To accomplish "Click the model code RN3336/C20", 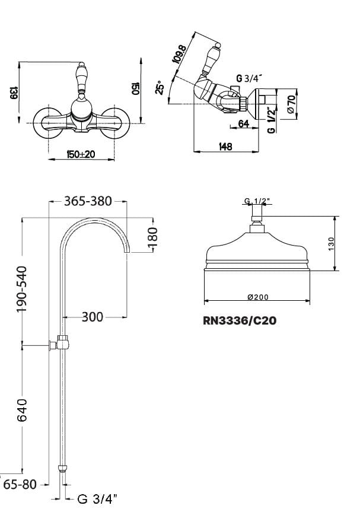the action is click(240, 320).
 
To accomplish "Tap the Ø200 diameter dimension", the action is click(258, 297).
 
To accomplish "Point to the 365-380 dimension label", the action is click(88, 201).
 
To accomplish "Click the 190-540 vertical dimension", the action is click(23, 289).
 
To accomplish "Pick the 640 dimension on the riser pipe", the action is click(22, 410).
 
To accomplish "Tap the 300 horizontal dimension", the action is click(93, 317).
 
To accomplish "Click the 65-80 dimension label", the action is click(20, 485).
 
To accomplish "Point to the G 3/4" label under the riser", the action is click(97, 499).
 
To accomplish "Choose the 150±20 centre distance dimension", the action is click(81, 154).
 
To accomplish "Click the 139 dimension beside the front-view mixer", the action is click(14, 93).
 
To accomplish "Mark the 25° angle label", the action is click(160, 87).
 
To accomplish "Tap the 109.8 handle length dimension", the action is click(179, 54).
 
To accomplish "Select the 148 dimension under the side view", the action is click(225, 147).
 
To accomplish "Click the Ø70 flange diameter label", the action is click(291, 104).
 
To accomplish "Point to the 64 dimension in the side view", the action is click(244, 123).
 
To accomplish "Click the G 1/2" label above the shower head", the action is click(257, 201).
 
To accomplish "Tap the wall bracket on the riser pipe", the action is click(60, 342).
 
